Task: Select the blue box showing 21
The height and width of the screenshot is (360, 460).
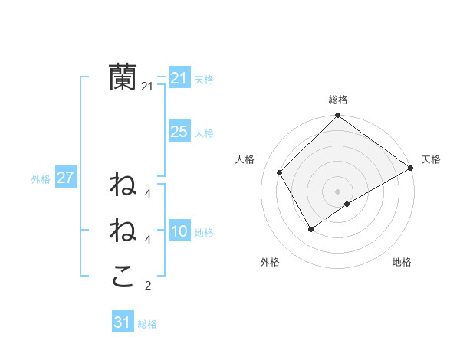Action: tap(179, 78)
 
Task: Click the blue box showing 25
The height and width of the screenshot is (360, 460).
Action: tap(179, 132)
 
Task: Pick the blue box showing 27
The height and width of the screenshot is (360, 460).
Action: tap(65, 178)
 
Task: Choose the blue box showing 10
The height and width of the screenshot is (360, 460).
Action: tap(179, 231)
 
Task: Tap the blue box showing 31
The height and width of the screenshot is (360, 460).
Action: tap(123, 322)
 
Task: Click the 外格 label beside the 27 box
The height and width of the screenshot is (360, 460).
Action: tap(41, 179)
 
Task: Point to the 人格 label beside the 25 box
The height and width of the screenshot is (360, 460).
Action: tap(204, 133)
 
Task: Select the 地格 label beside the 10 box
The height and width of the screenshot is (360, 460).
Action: tap(204, 233)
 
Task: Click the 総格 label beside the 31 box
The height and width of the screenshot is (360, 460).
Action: tap(147, 324)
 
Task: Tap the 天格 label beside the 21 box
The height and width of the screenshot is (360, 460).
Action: tap(204, 80)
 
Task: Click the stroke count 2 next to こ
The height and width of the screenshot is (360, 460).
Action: tap(147, 286)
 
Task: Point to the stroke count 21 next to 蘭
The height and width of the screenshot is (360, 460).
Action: tap(147, 87)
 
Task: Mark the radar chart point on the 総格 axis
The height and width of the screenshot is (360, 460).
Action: tap(337, 116)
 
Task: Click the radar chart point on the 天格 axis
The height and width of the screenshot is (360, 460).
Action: tap(411, 169)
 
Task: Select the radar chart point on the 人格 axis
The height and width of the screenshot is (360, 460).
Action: tap(280, 172)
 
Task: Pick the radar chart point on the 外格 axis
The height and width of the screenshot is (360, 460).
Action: tap(310, 228)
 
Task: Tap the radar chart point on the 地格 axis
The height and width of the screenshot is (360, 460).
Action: tap(347, 204)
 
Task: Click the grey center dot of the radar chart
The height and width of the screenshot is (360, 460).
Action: tap(337, 191)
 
